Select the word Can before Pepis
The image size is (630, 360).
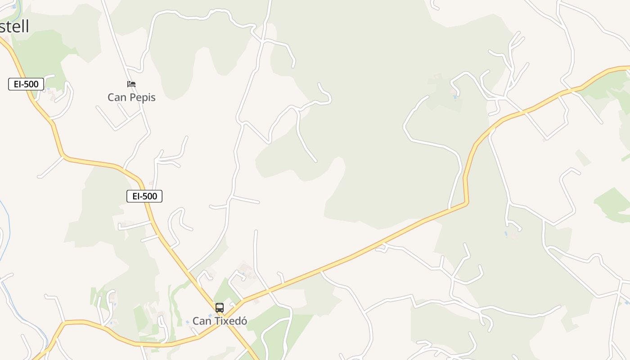coord(117,97)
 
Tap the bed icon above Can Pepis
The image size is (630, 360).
coord(131,84)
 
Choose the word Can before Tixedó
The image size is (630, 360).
coord(201,321)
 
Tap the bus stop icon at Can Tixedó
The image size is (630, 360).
coord(220,308)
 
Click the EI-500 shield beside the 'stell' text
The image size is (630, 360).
coord(26,84)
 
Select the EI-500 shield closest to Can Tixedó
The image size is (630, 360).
coord(144,196)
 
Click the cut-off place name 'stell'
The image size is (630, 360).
coord(14,27)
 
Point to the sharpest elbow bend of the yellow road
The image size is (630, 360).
coord(466,203)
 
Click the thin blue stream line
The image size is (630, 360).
coord(7,234)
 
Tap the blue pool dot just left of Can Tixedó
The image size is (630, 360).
coord(188,322)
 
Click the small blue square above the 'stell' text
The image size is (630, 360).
coord(14,7)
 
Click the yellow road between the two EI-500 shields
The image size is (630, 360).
coord(90,162)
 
